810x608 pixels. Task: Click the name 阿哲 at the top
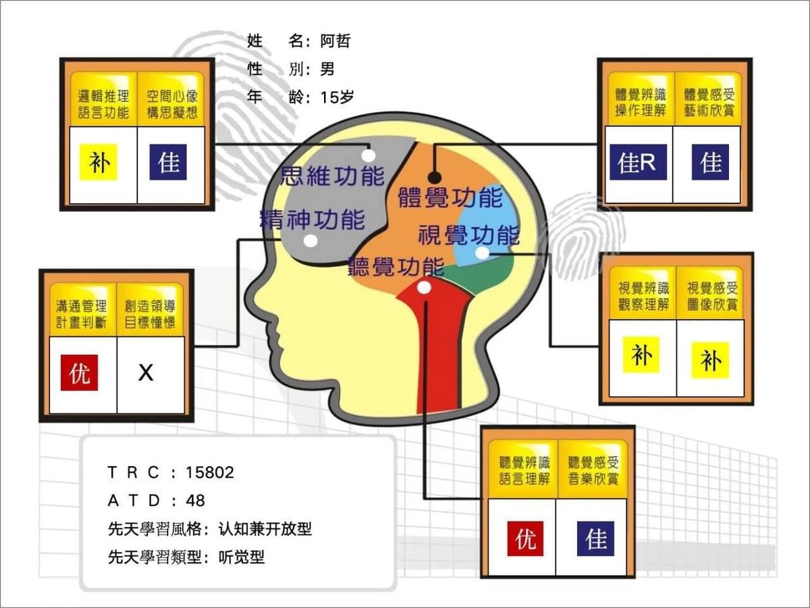pyautogui.click(x=335, y=41)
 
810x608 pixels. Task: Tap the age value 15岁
pyautogui.click(x=337, y=97)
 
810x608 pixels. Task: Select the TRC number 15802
pyautogui.click(x=210, y=472)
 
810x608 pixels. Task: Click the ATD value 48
pyautogui.click(x=195, y=501)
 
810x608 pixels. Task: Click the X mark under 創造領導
pyautogui.click(x=146, y=373)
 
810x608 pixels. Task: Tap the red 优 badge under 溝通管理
pyautogui.click(x=80, y=372)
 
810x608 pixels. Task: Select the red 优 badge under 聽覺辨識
pyautogui.click(x=525, y=538)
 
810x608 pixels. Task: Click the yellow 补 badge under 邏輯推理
pyautogui.click(x=99, y=162)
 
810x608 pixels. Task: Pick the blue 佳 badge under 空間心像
pyautogui.click(x=168, y=162)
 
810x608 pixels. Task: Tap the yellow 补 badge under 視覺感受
pyautogui.click(x=710, y=360)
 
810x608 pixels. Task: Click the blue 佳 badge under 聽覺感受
pyautogui.click(x=595, y=538)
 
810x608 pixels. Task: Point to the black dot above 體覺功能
pyautogui.click(x=434, y=178)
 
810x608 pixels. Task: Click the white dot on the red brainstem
pyautogui.click(x=424, y=287)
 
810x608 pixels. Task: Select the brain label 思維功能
pyautogui.click(x=333, y=176)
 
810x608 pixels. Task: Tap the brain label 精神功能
pyautogui.click(x=313, y=220)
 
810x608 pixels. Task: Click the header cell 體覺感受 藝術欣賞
pyautogui.click(x=709, y=102)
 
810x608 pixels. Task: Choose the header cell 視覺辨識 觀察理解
pyautogui.click(x=643, y=296)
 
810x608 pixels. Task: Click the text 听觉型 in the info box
pyautogui.click(x=242, y=557)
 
